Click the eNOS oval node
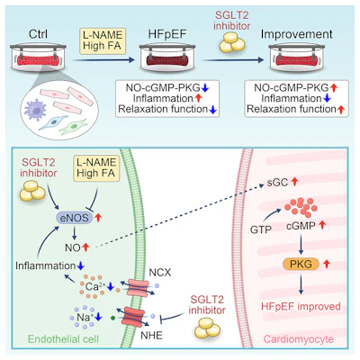point(75,218)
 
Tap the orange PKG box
point(301,264)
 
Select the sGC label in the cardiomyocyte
point(277,183)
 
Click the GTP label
point(261,230)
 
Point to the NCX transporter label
point(160,273)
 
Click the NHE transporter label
point(151,335)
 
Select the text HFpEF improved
point(301,307)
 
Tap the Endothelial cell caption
point(63,339)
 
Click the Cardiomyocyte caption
point(299,339)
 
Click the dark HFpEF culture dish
point(167,58)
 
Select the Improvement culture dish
point(296,58)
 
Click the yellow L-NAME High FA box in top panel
point(103,41)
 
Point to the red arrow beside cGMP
point(322,225)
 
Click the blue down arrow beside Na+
point(98,317)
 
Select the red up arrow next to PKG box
point(327,264)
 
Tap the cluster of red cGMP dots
point(301,207)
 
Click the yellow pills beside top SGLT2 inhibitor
point(232,42)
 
